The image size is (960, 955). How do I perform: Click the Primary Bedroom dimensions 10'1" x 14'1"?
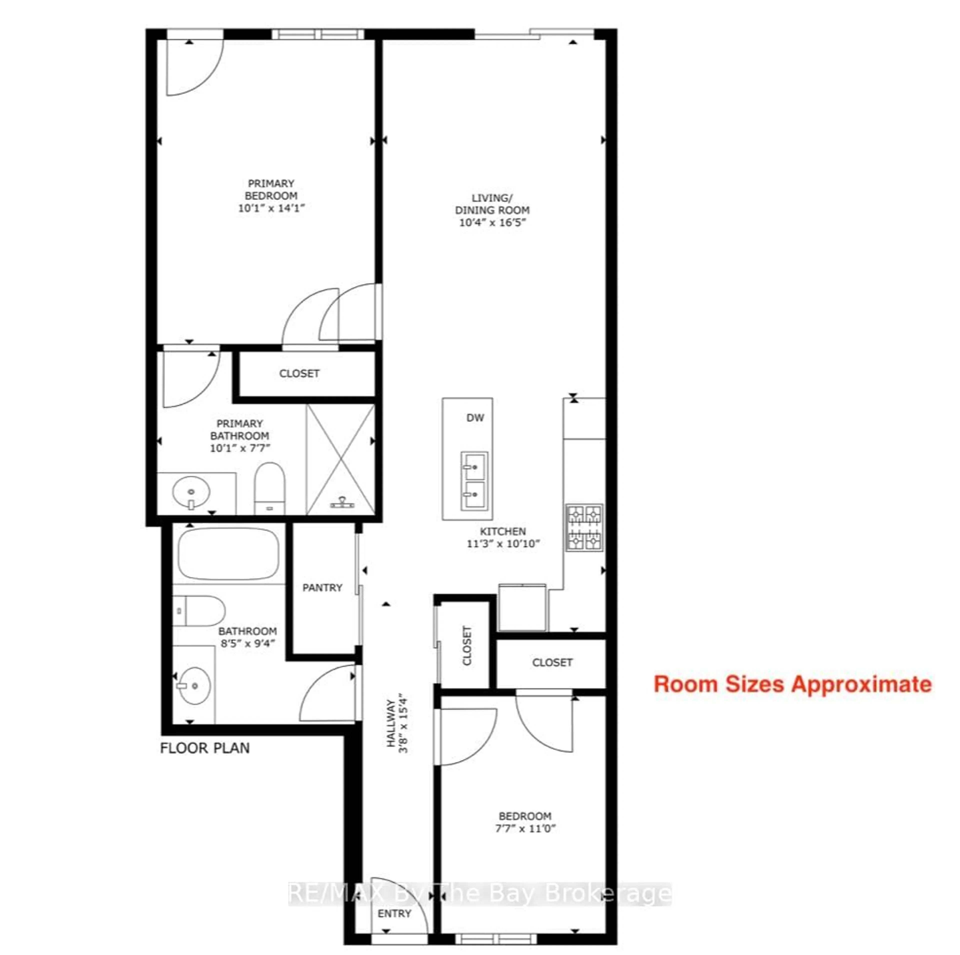pos(271,208)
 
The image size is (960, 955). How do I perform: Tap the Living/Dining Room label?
pos(492,204)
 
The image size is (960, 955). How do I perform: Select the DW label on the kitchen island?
pos(475,418)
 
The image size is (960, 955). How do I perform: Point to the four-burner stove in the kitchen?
pos(584,528)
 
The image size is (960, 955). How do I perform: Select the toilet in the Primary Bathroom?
pos(269,488)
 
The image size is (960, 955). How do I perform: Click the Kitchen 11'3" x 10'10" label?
pos(503,538)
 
